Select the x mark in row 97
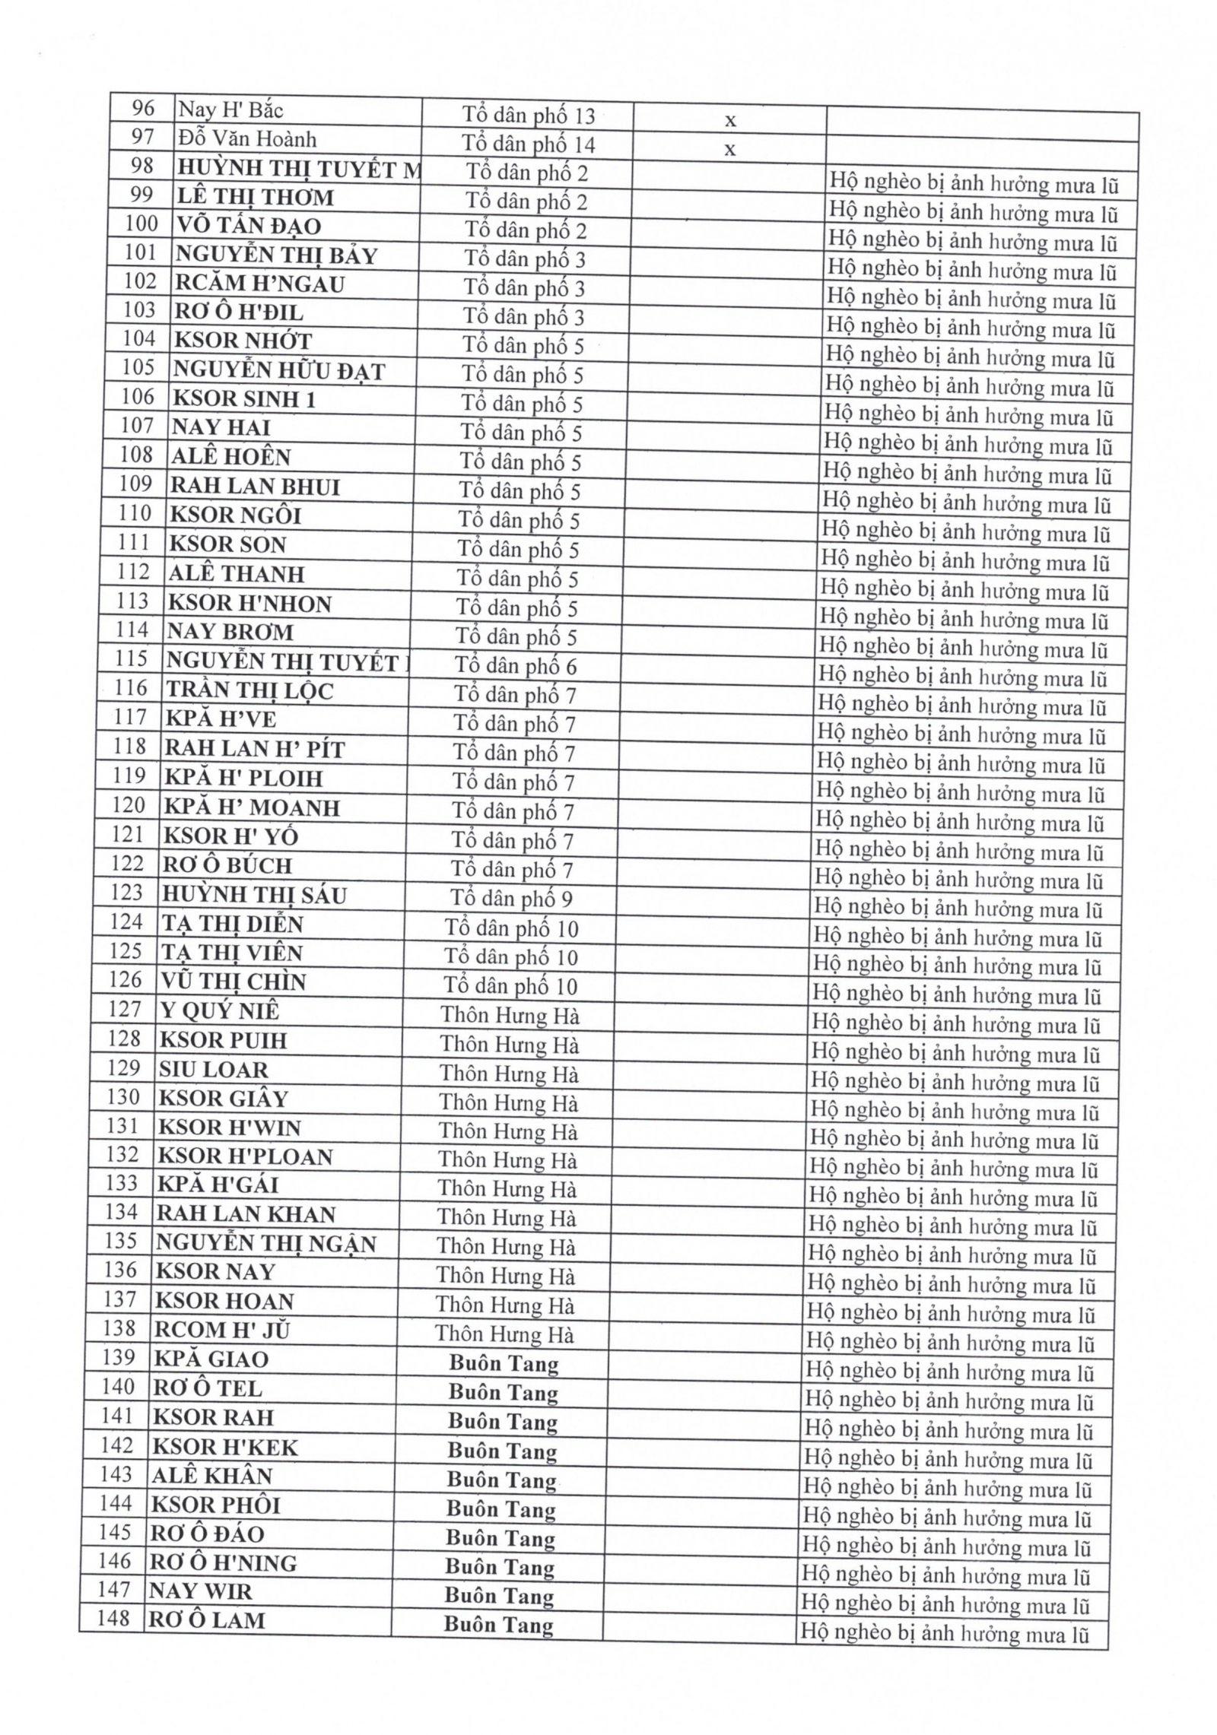click(x=729, y=150)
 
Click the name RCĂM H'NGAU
click(x=259, y=284)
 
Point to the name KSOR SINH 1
click(x=243, y=399)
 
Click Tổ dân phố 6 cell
click(x=516, y=666)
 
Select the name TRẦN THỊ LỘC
click(x=249, y=690)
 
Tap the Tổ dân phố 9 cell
click(x=511, y=899)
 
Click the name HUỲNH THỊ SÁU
click(x=254, y=895)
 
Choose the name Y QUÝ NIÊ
click(x=220, y=1011)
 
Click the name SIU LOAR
click(x=213, y=1070)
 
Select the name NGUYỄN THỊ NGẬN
click(x=265, y=1244)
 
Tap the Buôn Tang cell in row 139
click(x=504, y=1364)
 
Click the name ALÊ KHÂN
click(x=211, y=1476)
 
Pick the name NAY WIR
click(x=200, y=1591)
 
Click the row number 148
click(x=113, y=1618)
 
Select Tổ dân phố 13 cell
click(x=528, y=116)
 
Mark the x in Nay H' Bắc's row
click(x=730, y=121)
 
